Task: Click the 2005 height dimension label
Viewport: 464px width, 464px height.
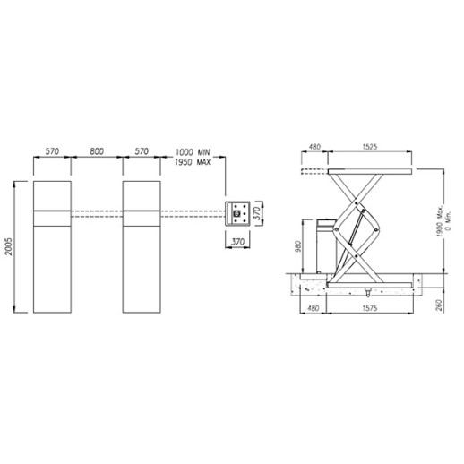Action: coord(9,246)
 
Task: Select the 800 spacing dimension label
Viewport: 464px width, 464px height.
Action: coord(97,151)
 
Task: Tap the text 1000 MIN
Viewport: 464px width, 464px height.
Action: coord(193,152)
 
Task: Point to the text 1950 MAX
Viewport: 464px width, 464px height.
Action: coord(193,162)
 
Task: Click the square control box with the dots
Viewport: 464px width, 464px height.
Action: coord(237,213)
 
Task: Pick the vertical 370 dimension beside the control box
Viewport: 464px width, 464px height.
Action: coord(257,213)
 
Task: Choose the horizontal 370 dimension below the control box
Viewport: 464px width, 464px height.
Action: coord(237,242)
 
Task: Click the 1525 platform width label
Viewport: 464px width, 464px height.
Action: coord(370,147)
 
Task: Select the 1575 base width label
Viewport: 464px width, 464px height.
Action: coord(370,308)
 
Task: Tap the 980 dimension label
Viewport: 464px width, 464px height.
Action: coord(298,246)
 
